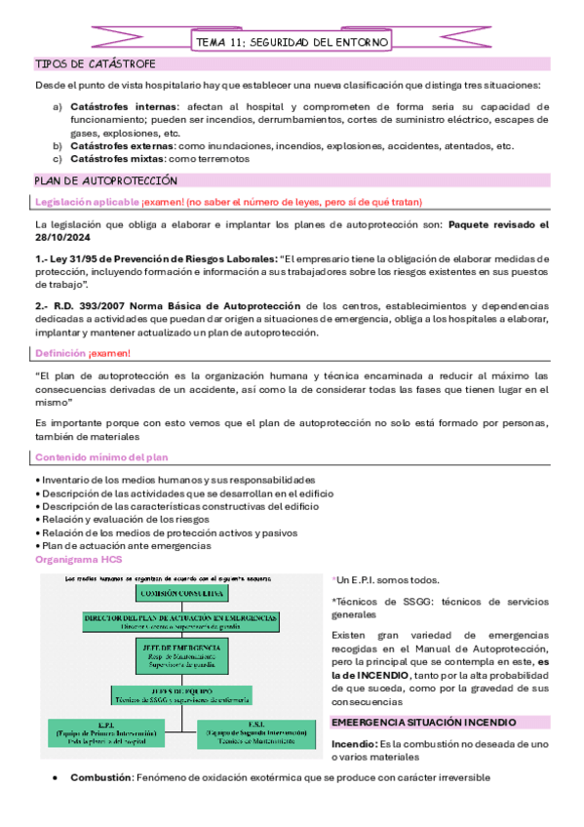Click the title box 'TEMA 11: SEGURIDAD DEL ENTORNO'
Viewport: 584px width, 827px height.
click(x=292, y=42)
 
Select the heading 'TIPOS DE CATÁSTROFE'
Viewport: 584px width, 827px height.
click(x=89, y=64)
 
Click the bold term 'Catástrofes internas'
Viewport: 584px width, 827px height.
click(x=125, y=105)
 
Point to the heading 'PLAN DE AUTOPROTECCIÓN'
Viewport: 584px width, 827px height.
click(x=105, y=180)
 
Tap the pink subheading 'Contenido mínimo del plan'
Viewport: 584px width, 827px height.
click(x=101, y=457)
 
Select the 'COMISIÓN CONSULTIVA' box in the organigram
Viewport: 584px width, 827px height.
click(x=175, y=592)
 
